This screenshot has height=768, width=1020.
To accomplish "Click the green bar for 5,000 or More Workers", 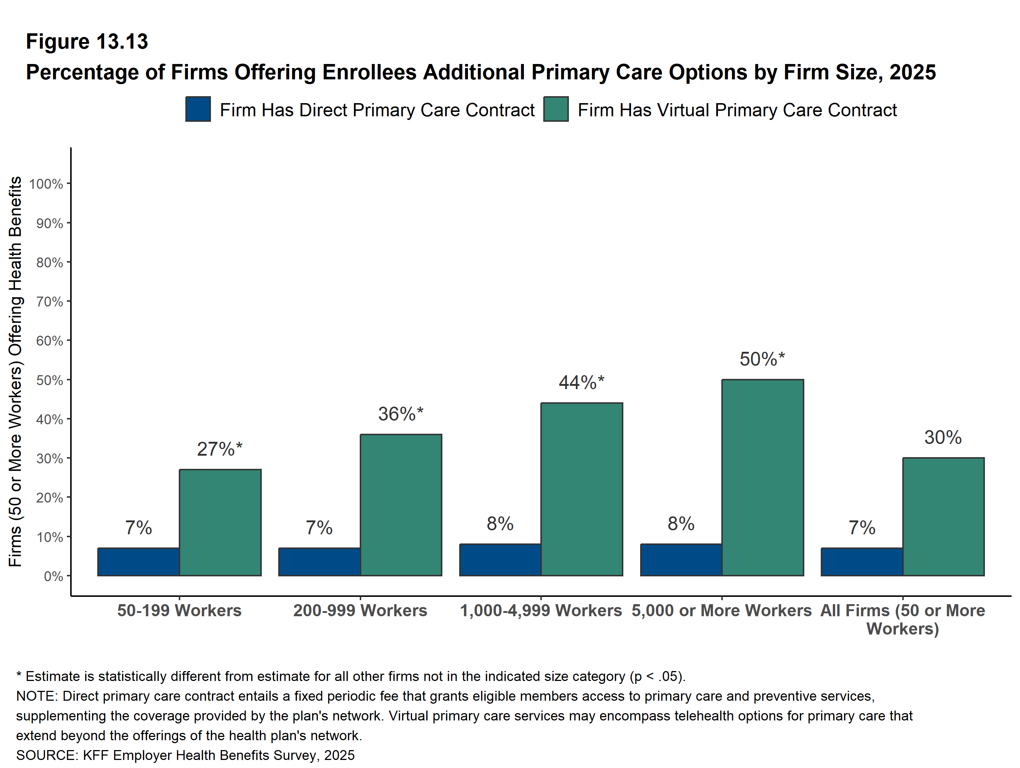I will (762, 477).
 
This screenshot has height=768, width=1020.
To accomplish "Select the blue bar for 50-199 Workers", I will (138, 562).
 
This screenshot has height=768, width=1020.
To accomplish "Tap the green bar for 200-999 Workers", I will (401, 505).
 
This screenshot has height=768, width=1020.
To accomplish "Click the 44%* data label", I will (581, 383).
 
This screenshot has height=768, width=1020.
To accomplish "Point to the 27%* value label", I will (219, 449).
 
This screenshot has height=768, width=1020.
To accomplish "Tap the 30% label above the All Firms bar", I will (942, 437).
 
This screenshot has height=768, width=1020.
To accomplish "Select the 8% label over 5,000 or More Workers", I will (681, 524).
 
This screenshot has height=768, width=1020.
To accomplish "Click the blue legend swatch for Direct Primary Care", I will (198, 109).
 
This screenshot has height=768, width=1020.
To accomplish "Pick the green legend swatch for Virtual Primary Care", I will (556, 109).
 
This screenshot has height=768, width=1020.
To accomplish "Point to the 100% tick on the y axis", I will (46, 184).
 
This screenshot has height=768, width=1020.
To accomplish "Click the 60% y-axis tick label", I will (49, 341).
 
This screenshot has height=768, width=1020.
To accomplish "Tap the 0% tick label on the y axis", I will (53, 576).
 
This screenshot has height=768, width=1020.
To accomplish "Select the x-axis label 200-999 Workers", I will (360, 610).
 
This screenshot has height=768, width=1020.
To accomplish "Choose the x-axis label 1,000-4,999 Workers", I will (541, 610).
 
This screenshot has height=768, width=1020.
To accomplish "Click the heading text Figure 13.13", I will (87, 42).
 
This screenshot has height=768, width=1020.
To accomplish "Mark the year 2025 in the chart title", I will (913, 72).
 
